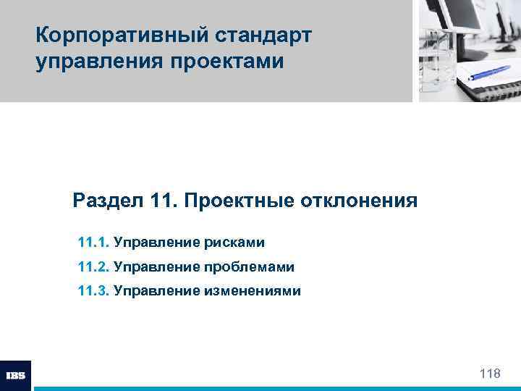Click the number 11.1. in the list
[x=92, y=241]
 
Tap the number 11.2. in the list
[x=92, y=266]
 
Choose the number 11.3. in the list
[x=92, y=292]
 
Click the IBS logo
[x=15, y=375]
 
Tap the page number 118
[x=490, y=374]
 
